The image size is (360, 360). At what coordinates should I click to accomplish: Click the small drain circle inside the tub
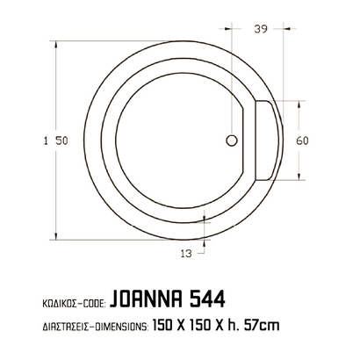(x=232, y=140)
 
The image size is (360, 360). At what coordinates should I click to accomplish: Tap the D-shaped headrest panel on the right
(x=266, y=140)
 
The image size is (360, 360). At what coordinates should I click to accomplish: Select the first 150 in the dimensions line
(x=162, y=326)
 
